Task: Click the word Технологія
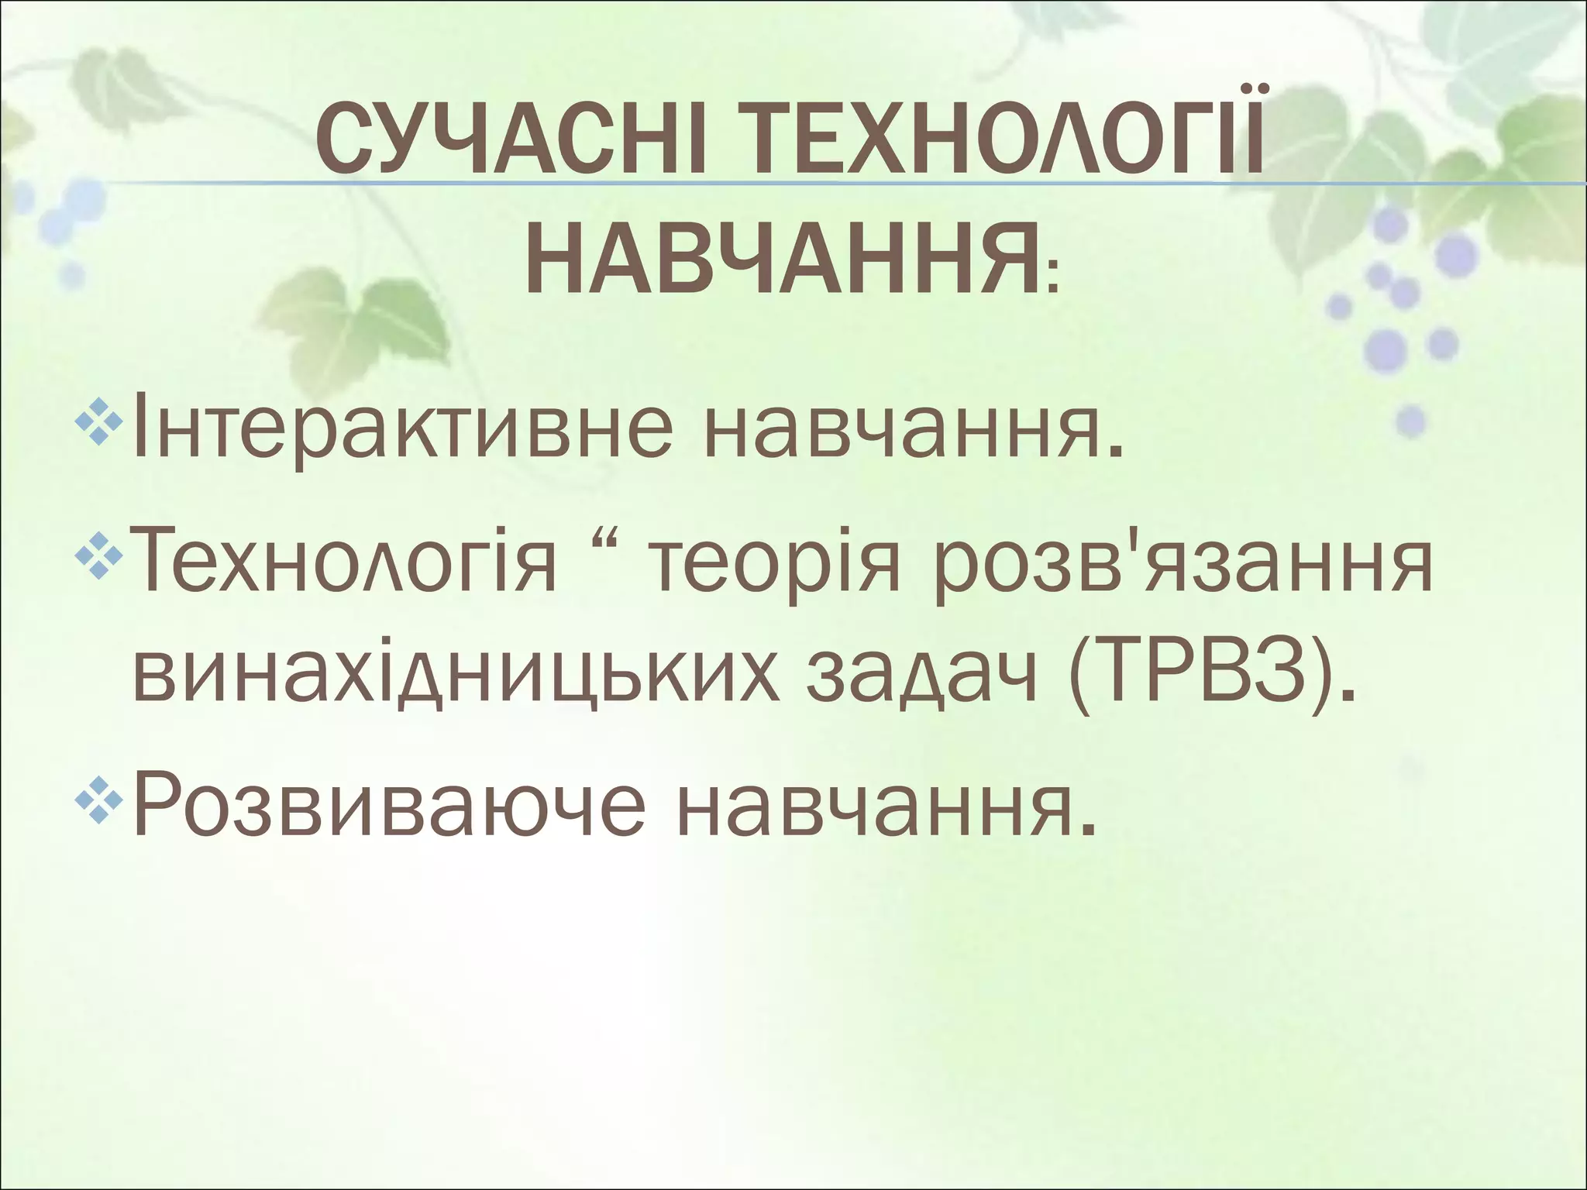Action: [345, 564]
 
